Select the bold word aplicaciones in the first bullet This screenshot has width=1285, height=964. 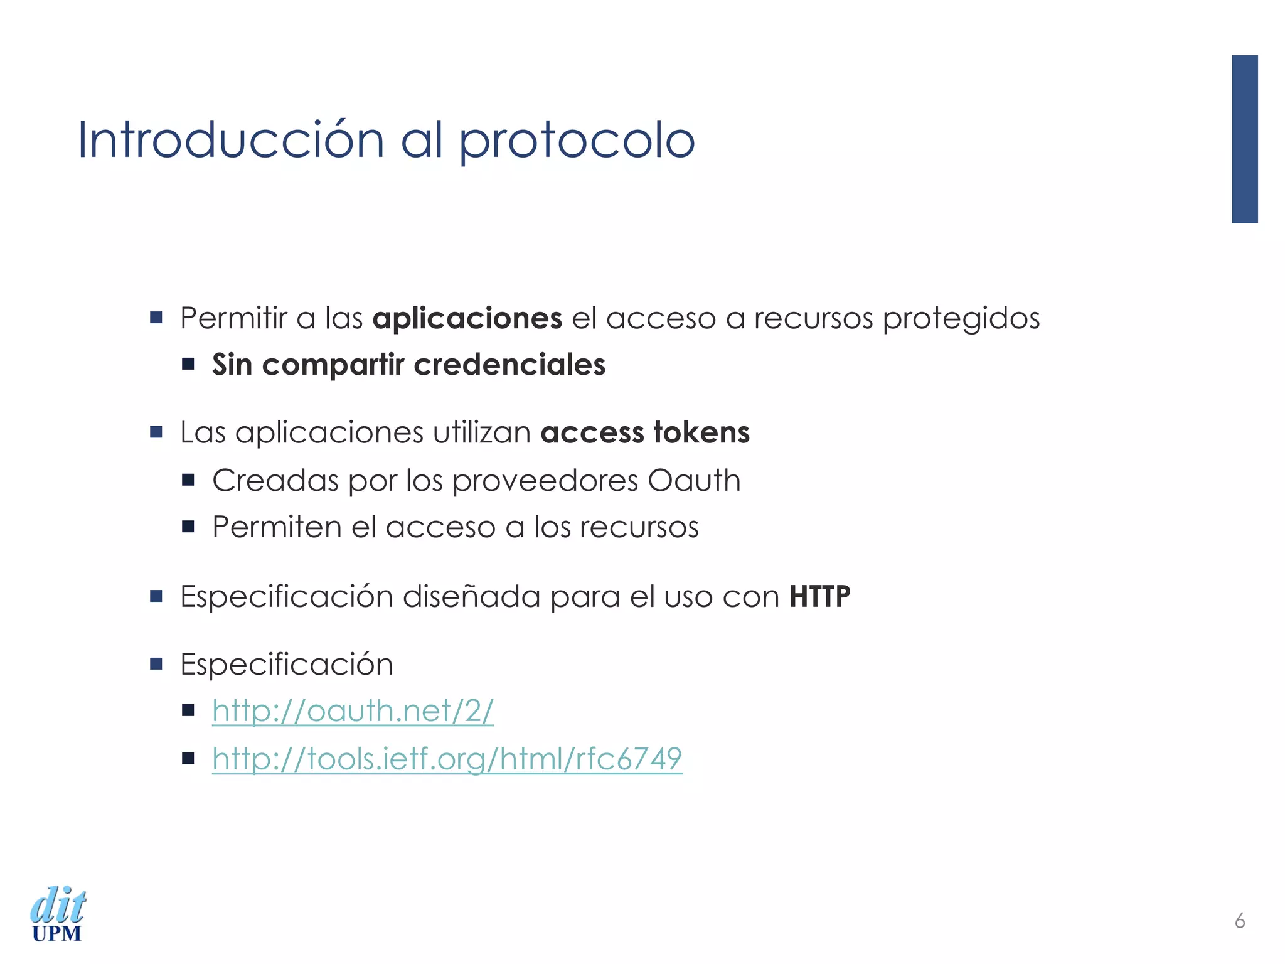coord(467,318)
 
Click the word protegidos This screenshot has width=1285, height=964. coord(961,318)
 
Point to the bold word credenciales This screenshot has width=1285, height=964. coord(509,365)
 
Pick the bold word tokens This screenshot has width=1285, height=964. coord(701,432)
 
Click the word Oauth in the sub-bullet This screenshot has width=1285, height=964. coord(694,481)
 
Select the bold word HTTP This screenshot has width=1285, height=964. coord(819,596)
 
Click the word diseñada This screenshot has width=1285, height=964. coord(471,596)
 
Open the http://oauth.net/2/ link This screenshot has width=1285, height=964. coord(353,711)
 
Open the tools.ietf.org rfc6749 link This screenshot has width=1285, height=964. coord(447,759)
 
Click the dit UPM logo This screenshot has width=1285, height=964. coord(57,914)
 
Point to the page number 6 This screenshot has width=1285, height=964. coord(1239,921)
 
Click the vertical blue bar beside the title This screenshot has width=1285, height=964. coord(1244,139)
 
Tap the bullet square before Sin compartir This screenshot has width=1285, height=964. coord(188,364)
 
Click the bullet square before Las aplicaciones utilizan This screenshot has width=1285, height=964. coord(156,432)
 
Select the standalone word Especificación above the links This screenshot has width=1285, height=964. coord(287,664)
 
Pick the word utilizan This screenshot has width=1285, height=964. coord(482,432)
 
